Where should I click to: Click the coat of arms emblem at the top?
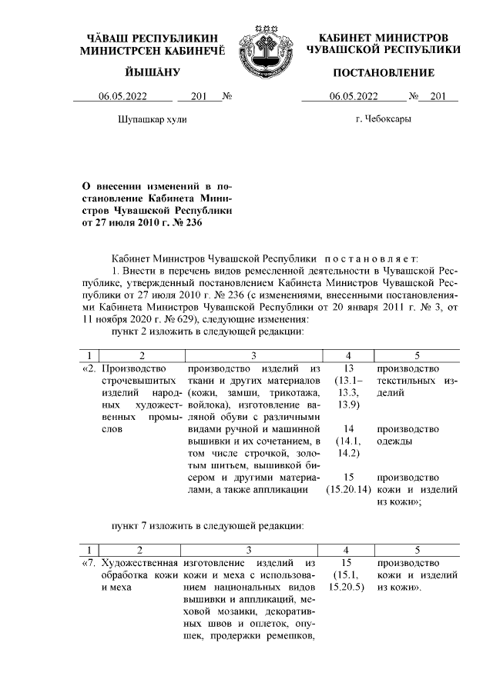tap(263, 48)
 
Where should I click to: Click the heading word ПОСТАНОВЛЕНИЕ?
tap(383, 73)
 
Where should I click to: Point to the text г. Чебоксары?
tap(383, 120)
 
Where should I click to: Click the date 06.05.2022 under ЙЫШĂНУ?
tap(123, 97)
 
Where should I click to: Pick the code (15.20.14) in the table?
tap(348, 489)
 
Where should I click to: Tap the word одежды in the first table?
tap(394, 441)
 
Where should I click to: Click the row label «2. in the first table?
tap(89, 368)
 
